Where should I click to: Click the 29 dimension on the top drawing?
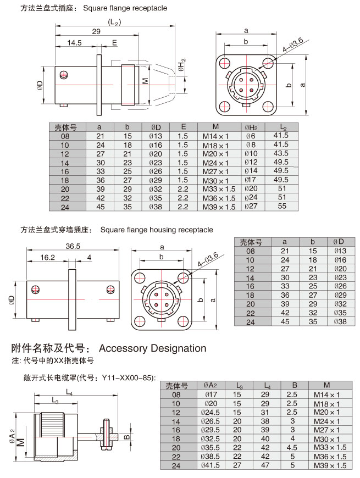[96, 32]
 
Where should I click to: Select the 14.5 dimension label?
[75, 42]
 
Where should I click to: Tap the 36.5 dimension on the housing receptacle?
[73, 246]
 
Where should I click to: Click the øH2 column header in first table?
[251, 127]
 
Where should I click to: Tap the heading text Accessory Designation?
[152, 348]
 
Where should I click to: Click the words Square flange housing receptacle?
[157, 230]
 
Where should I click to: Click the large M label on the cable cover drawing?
[20, 442]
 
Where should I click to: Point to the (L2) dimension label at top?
[114, 22]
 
